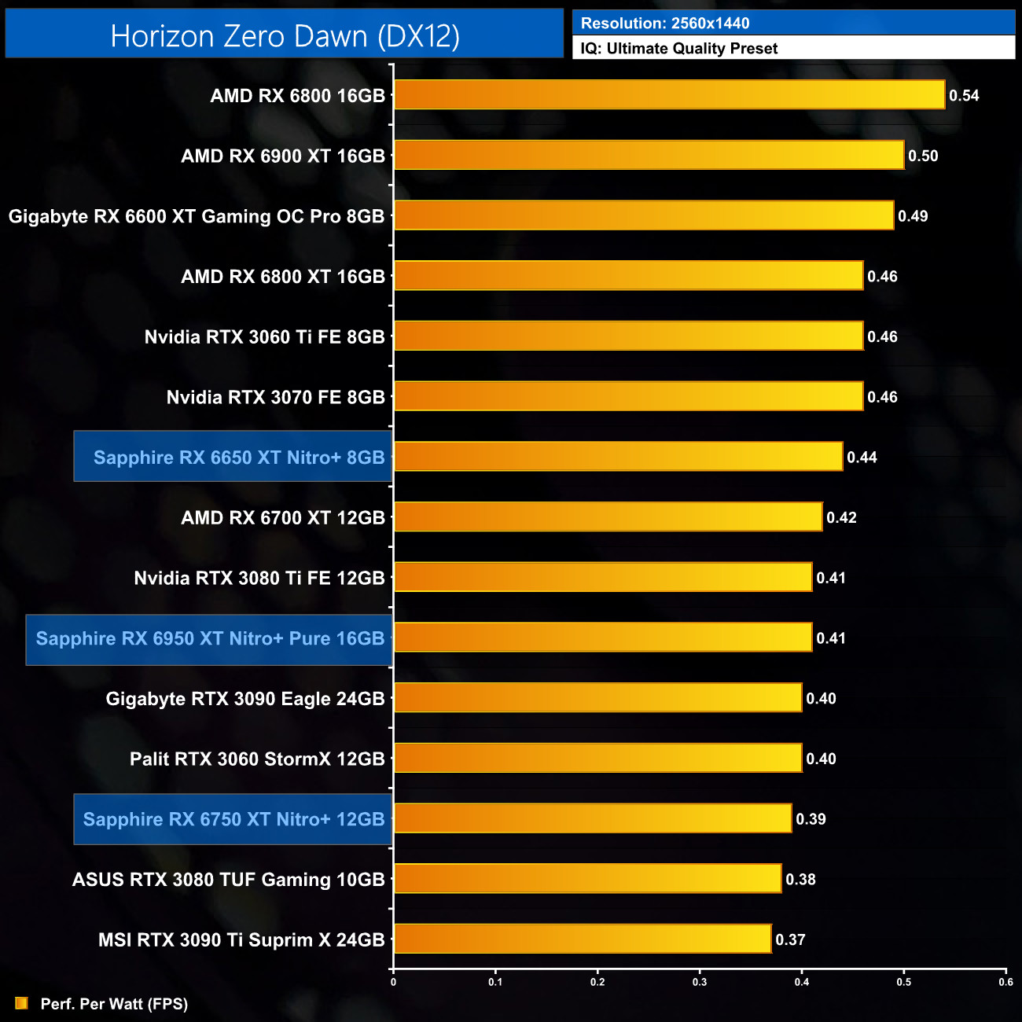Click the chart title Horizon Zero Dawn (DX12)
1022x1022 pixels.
[285, 36]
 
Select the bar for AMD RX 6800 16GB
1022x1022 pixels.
[669, 95]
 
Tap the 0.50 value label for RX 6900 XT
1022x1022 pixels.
[923, 156]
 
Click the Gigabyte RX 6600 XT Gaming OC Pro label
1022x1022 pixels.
[197, 216]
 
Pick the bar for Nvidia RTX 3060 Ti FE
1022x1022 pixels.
[628, 336]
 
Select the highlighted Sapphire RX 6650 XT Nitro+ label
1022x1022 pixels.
[239, 458]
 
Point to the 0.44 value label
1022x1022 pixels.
[862, 458]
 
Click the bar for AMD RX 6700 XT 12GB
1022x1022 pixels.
[608, 517]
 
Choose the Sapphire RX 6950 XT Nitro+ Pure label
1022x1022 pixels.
[210, 638]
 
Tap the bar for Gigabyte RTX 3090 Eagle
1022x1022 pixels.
[597, 698]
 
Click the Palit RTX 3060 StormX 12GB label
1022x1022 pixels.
[257, 759]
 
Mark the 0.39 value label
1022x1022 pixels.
[811, 819]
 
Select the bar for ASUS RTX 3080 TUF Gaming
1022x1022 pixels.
[587, 879]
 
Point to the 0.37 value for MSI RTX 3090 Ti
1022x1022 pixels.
[790, 939]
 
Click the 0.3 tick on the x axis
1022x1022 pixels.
[700, 982]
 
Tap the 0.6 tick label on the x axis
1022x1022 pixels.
[1005, 982]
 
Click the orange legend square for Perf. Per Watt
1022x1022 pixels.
[21, 1003]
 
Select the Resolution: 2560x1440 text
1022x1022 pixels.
[665, 24]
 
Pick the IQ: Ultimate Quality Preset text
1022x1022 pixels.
[679, 49]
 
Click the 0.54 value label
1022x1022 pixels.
[964, 96]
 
